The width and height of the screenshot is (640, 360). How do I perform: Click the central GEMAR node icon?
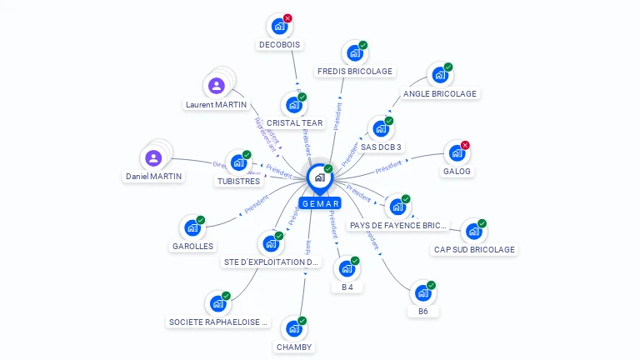[x=319, y=177]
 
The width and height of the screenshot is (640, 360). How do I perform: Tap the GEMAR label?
[x=320, y=203]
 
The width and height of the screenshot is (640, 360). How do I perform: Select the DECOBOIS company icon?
[x=279, y=26]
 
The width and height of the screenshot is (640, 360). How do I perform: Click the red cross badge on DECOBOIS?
[x=287, y=17]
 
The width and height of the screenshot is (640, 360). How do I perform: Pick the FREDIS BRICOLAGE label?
[x=354, y=72]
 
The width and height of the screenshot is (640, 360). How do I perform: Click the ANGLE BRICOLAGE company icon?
[x=439, y=75]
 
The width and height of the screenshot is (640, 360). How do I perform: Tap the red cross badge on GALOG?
[x=465, y=145]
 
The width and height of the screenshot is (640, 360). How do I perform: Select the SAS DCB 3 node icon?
[x=380, y=129]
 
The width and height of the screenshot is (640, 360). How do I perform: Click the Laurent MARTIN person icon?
[x=217, y=86]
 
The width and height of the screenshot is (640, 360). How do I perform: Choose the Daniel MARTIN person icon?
[x=153, y=157]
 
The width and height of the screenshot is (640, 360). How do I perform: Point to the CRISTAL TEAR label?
[x=294, y=123]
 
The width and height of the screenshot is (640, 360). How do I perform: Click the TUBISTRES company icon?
[x=238, y=162]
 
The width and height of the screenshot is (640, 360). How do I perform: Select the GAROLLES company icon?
[x=192, y=227]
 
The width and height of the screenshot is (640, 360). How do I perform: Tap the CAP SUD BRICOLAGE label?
[x=475, y=249]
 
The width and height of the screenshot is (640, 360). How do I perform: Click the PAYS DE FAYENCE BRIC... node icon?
[x=397, y=207]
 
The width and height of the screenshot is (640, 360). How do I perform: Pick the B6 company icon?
[x=422, y=293]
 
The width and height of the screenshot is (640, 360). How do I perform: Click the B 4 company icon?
[x=346, y=269]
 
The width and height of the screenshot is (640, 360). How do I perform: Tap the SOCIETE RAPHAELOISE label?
[x=219, y=322]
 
